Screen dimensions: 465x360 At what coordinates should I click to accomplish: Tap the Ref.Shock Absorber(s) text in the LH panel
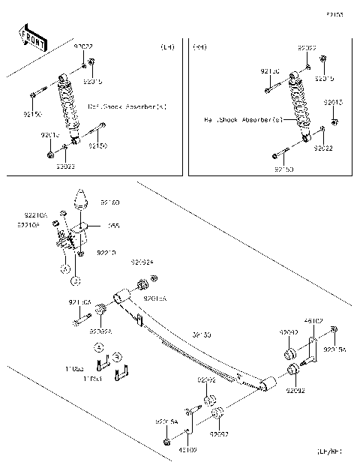tap(127, 106)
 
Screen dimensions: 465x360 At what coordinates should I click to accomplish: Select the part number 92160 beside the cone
tap(110, 202)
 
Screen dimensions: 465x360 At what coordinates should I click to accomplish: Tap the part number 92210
tap(106, 254)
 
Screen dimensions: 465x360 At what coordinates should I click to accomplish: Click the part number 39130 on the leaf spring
tap(202, 334)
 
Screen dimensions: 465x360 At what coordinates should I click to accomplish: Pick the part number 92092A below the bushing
tap(100, 331)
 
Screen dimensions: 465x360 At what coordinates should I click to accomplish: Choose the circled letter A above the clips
tap(97, 347)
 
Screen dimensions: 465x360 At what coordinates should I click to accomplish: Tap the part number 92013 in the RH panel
tap(334, 101)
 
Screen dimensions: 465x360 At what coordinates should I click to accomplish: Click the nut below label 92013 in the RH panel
tap(334, 121)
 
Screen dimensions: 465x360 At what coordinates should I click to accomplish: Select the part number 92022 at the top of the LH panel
tap(83, 46)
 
